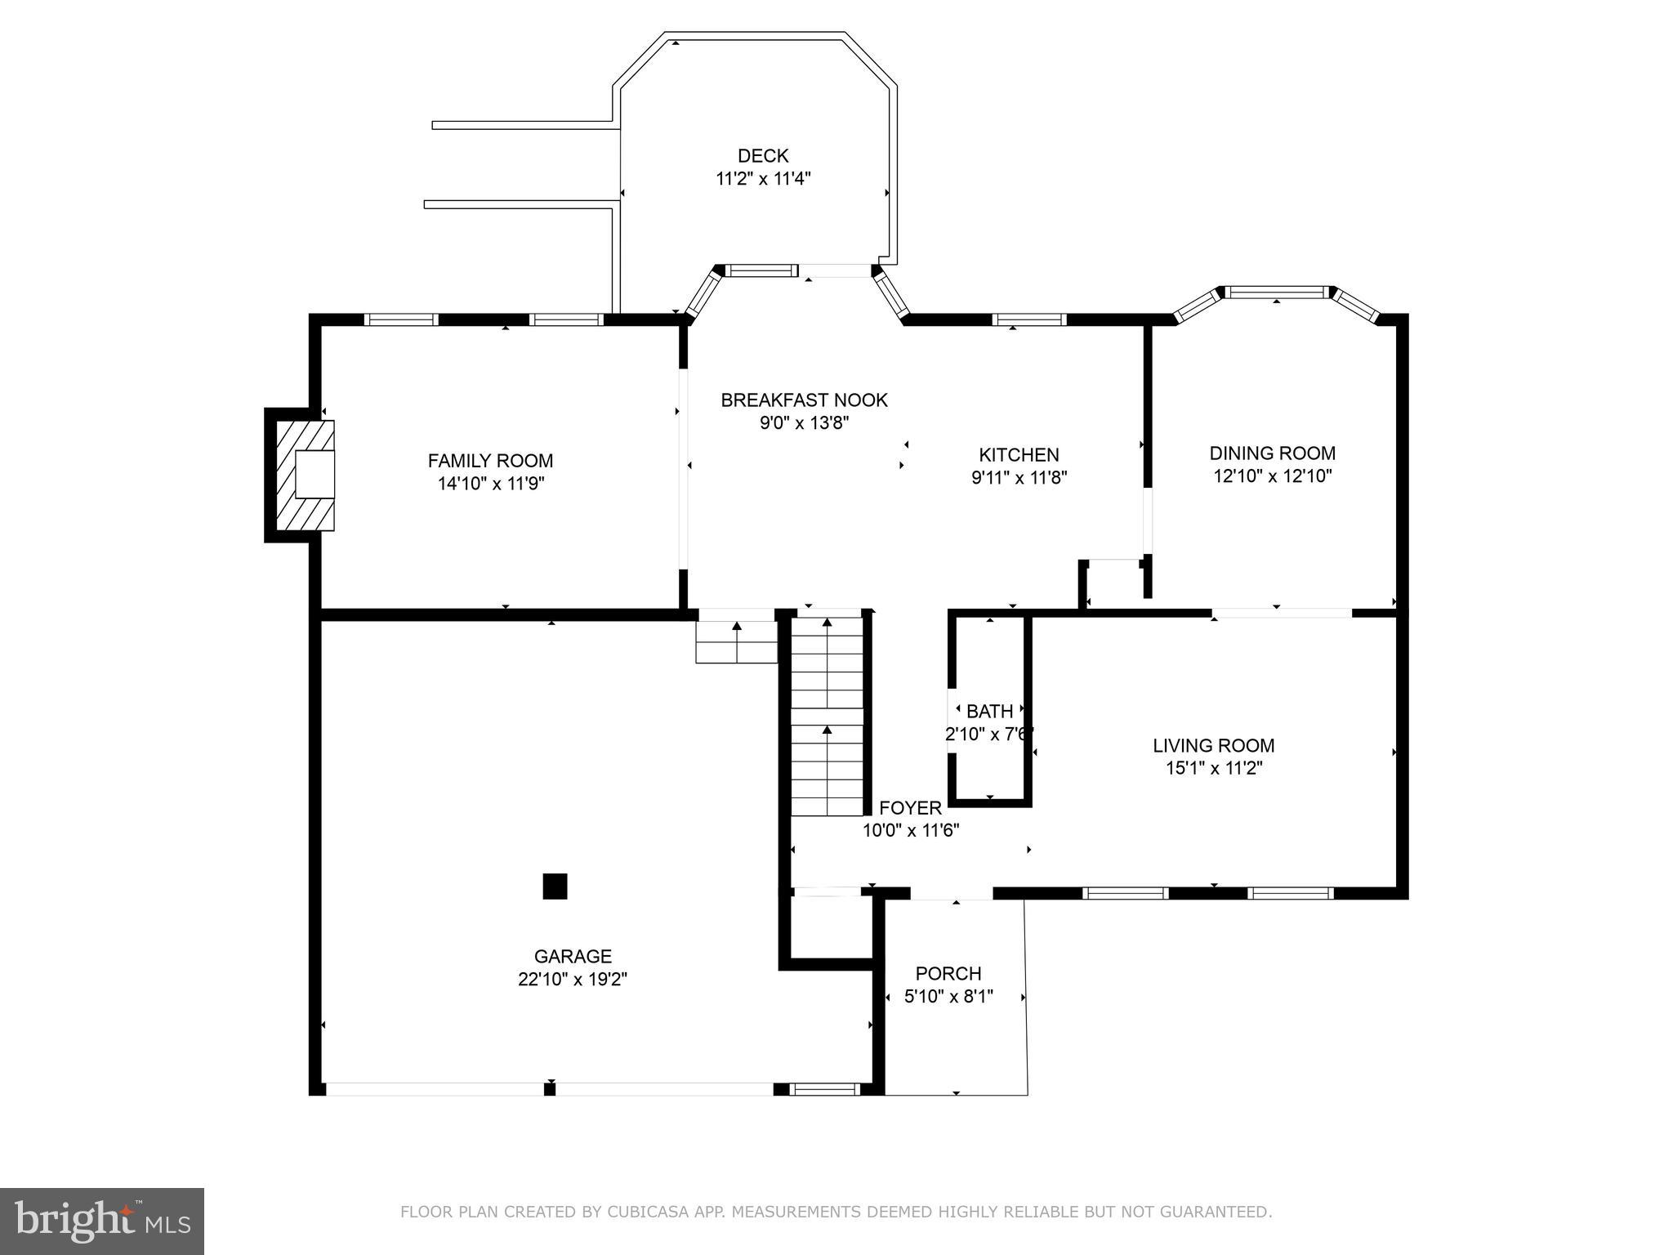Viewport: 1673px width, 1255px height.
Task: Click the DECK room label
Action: tap(763, 155)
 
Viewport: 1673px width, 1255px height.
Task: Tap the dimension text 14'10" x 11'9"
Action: tap(491, 484)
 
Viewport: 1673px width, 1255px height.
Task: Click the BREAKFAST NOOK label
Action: tap(804, 400)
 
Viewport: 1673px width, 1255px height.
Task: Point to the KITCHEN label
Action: tap(1019, 455)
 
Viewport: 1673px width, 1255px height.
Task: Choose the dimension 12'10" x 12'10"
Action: tap(1273, 476)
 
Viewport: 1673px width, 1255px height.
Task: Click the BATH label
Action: tap(989, 712)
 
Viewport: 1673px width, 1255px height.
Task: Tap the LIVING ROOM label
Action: tap(1213, 745)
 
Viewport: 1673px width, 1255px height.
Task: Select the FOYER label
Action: tap(910, 808)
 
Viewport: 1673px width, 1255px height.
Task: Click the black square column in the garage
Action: tap(555, 887)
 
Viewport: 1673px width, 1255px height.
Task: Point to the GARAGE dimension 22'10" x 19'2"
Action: tap(573, 979)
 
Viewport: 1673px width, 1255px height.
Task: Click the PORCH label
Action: tap(948, 974)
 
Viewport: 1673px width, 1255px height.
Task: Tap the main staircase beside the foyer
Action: tap(827, 716)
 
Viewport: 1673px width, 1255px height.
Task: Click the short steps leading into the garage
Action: tap(736, 643)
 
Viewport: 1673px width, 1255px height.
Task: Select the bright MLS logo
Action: tap(102, 1222)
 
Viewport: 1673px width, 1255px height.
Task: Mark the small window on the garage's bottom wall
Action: tap(825, 1088)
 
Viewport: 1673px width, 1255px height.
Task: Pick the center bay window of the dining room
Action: tap(1276, 292)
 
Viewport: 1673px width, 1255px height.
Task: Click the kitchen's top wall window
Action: tap(1029, 319)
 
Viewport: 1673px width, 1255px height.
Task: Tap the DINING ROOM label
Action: tap(1273, 453)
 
